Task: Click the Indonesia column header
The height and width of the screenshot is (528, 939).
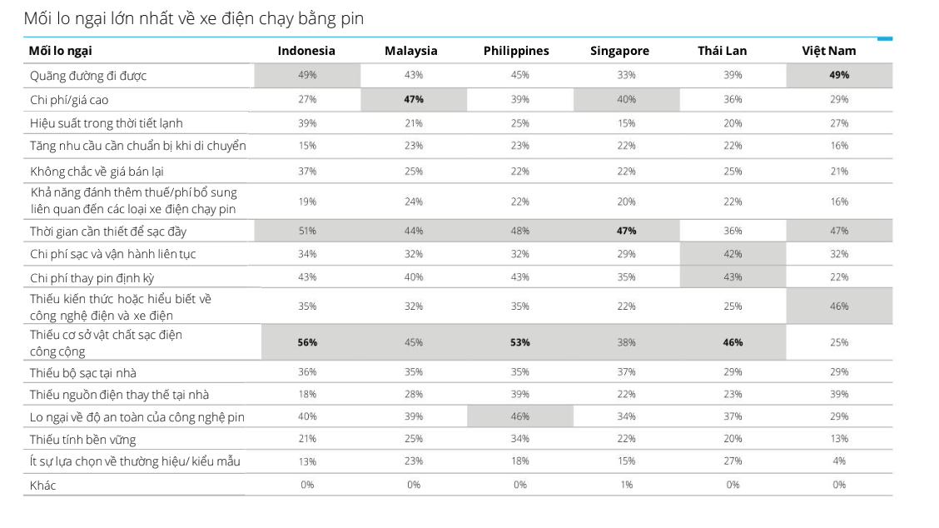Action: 306,51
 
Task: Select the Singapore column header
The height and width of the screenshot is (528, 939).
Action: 619,51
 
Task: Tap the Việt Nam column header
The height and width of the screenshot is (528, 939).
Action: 828,51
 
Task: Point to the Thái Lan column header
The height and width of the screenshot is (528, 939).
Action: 722,51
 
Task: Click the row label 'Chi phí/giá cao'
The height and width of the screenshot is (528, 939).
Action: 69,100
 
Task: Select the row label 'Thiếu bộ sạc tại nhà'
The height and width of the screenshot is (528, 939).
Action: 83,372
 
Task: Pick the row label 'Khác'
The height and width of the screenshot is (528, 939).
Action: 42,485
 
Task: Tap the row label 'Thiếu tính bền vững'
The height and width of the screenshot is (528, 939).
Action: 82,439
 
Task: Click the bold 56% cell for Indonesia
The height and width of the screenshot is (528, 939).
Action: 307,342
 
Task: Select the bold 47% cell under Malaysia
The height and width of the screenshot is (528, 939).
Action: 414,100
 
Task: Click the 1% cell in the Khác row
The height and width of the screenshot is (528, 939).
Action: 626,485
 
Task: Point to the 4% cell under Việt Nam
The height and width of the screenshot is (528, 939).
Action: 839,461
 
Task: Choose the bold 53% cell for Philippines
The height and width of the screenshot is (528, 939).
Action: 520,342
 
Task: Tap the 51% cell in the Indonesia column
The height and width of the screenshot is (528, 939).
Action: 307,231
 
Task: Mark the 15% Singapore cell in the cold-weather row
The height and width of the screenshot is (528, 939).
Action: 626,123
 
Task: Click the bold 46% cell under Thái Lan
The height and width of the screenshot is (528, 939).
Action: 733,342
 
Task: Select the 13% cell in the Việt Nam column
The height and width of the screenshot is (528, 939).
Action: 839,439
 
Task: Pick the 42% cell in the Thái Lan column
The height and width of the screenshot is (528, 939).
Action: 733,254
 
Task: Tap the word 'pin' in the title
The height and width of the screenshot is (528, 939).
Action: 353,18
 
